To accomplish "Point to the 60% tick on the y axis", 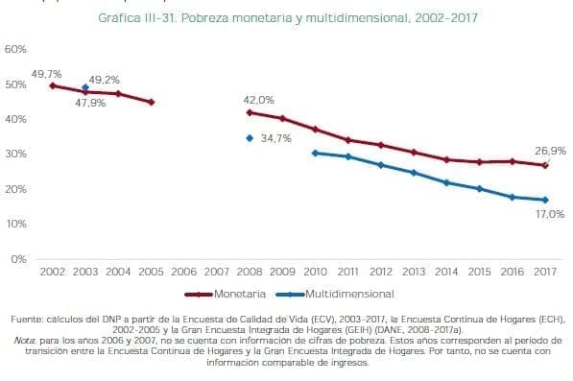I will click(15, 49).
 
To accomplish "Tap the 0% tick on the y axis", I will click(19, 258).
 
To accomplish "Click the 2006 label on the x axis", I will click(183, 272).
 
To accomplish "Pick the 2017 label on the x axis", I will click(544, 272).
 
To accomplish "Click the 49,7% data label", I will click(46, 74).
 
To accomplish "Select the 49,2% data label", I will click(104, 80).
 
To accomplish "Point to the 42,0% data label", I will click(258, 100).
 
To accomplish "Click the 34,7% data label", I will click(276, 139).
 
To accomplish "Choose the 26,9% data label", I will click(550, 151).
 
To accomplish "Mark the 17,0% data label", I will click(549, 215).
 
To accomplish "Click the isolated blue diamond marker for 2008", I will click(250, 138).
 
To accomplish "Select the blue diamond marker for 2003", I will click(85, 87).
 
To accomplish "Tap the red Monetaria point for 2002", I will click(53, 85).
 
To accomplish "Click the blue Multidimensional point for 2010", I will click(315, 153).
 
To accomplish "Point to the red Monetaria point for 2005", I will click(151, 102).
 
